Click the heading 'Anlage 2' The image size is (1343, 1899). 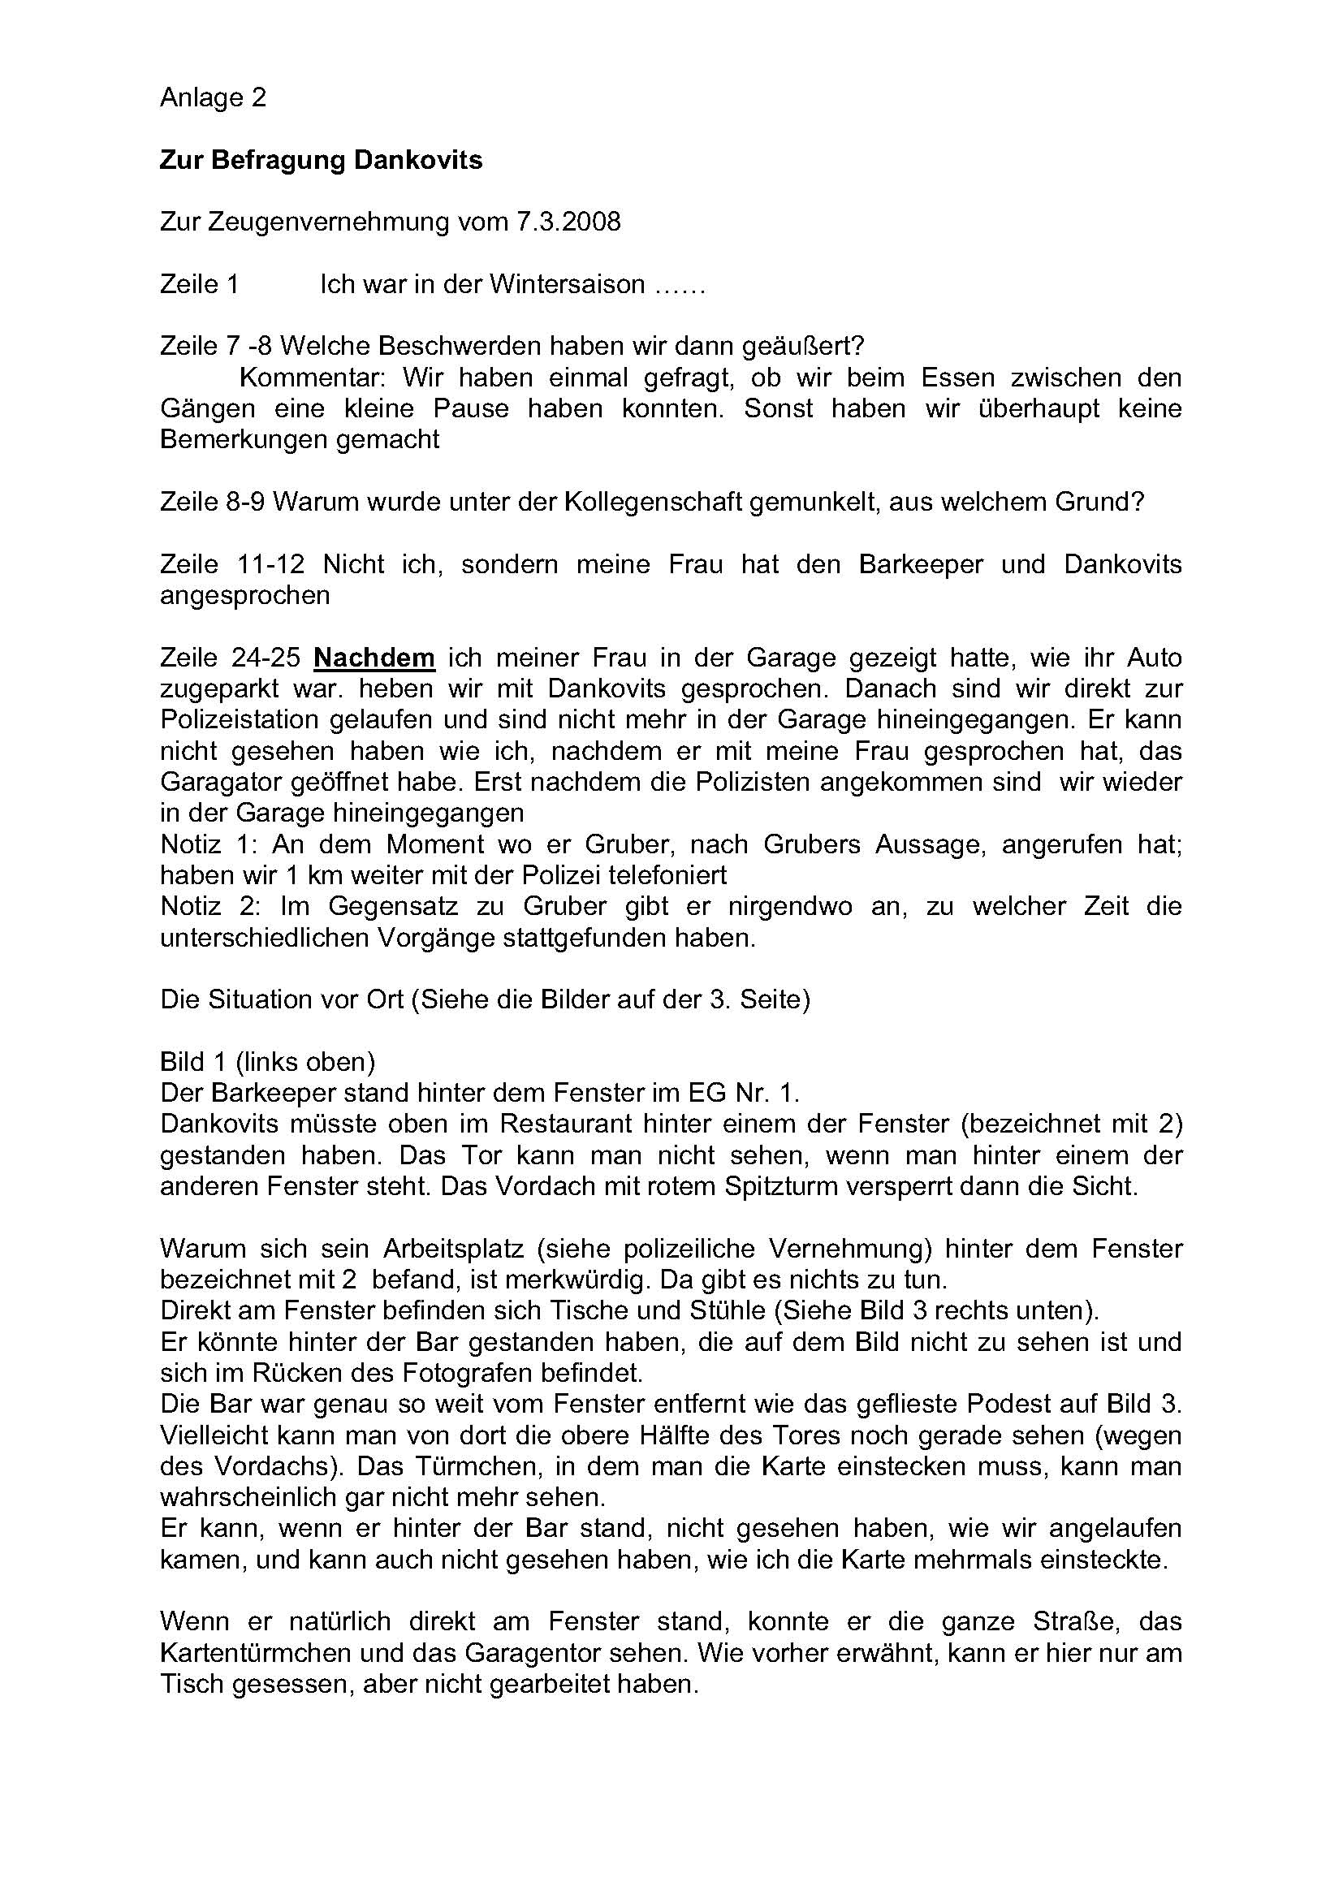[213, 97]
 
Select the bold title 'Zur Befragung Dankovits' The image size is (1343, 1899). [321, 160]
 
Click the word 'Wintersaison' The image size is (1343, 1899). [567, 283]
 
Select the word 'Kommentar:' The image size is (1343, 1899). [312, 378]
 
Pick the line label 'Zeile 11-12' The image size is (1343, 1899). [232, 564]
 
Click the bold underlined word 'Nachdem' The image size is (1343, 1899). [374, 658]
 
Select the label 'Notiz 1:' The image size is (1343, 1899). [211, 844]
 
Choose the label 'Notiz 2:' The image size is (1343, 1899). [211, 907]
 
